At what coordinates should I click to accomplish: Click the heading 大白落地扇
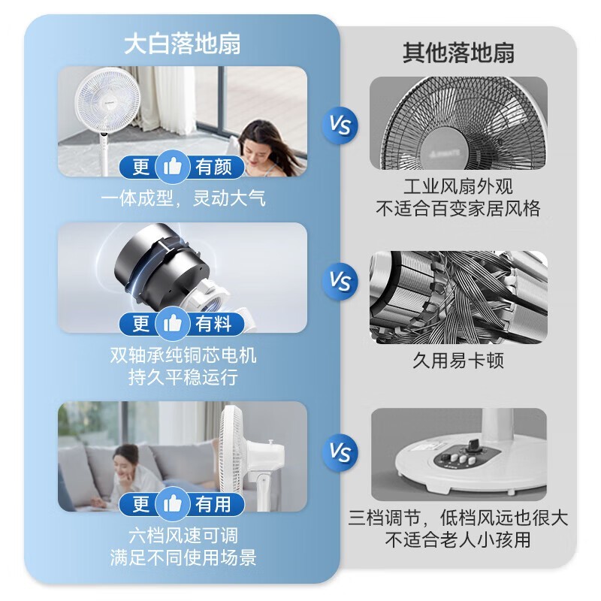(182, 44)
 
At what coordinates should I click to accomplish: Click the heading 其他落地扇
(458, 53)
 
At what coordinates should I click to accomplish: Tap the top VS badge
(340, 124)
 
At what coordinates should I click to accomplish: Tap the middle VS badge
(340, 281)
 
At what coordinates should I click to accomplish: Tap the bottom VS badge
(340, 453)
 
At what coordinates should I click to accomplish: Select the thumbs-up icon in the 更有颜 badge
(173, 167)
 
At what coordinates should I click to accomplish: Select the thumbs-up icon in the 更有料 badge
(173, 324)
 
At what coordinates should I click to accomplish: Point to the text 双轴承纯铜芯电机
(183, 354)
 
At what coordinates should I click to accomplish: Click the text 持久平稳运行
(183, 377)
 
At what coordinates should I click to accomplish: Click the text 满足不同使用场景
(183, 557)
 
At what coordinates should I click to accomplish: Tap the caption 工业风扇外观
(458, 186)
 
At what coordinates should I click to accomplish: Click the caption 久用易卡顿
(458, 361)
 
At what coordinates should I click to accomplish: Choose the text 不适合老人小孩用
(458, 540)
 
